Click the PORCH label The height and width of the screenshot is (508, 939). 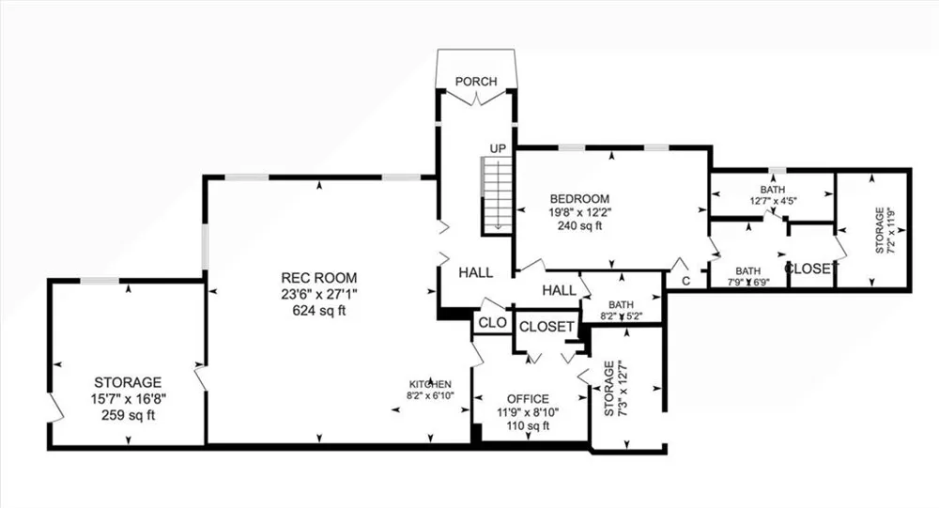point(476,81)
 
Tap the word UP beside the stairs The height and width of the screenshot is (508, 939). point(498,148)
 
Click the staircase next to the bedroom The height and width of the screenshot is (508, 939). point(497,195)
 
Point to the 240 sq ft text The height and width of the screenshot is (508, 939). point(579,226)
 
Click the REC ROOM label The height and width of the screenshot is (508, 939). point(319,278)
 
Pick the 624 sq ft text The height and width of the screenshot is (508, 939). point(319,310)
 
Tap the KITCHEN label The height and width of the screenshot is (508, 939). point(430,384)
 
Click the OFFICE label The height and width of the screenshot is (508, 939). point(528,399)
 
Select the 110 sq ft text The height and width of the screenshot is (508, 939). point(528,426)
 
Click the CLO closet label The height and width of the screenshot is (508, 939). point(492,323)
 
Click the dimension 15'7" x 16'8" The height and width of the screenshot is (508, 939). point(128,398)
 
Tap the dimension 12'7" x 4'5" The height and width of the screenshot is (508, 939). point(773,201)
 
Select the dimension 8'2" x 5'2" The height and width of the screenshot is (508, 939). point(621,316)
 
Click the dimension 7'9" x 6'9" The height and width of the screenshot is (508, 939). point(748,282)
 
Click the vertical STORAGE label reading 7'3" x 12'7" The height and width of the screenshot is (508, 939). point(614,388)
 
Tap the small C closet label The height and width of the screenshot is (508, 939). point(686,281)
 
